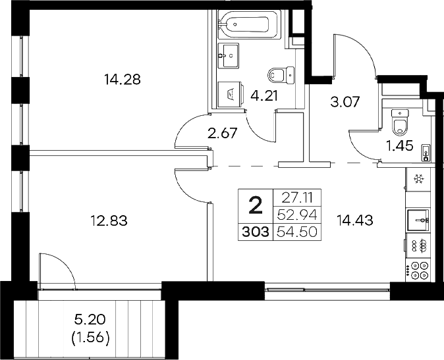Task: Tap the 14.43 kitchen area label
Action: [x=354, y=220]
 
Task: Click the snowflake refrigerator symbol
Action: [x=418, y=179]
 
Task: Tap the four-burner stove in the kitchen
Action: [x=418, y=269]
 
